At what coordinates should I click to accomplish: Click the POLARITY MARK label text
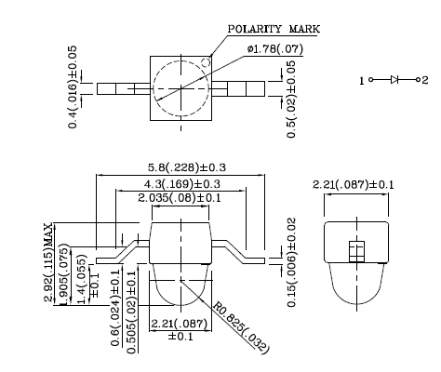pos(274,29)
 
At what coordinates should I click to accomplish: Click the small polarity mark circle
pos(207,62)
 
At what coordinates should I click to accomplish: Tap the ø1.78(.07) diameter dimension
pos(275,49)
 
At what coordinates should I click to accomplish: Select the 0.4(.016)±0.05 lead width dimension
pos(73,87)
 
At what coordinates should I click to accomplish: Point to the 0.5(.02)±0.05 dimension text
pos(291,100)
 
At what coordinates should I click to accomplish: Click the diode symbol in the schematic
pos(394,80)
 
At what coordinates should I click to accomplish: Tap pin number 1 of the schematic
pos(361,81)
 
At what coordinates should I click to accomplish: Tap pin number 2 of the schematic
pos(425,80)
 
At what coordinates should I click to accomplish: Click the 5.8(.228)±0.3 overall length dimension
pos(187,167)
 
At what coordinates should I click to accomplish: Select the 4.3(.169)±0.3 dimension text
pos(181,184)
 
